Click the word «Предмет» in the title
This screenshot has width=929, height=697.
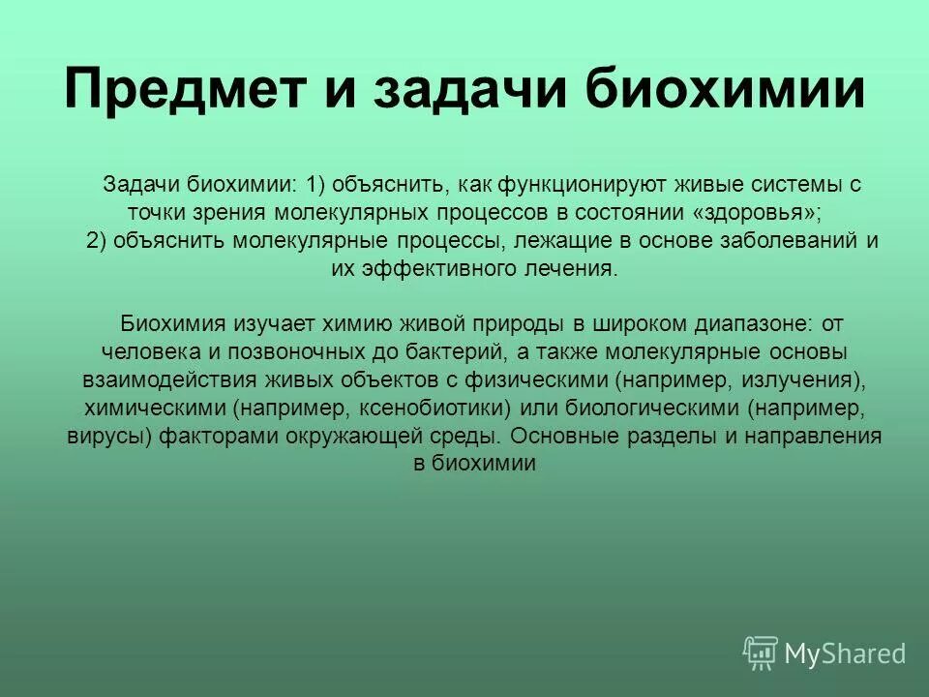click(183, 91)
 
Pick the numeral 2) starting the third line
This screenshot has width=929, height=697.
click(97, 241)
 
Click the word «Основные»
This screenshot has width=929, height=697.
click(567, 436)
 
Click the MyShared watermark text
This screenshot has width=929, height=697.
click(845, 653)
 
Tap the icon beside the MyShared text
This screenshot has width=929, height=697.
click(761, 652)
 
